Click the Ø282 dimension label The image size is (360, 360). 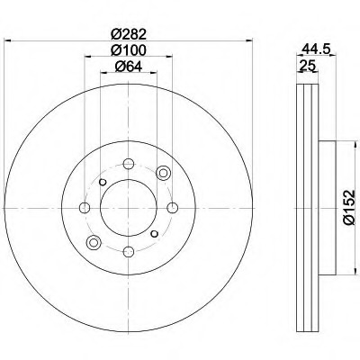click(129, 34)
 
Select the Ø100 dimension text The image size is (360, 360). click(129, 50)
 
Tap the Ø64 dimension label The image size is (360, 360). click(129, 67)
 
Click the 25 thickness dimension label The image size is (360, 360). click(307, 65)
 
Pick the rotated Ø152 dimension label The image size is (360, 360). click(349, 207)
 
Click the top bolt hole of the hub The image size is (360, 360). click(129, 164)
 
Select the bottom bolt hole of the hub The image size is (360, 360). click(129, 251)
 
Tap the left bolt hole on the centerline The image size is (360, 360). click(85, 208)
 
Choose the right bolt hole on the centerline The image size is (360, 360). click(172, 208)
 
